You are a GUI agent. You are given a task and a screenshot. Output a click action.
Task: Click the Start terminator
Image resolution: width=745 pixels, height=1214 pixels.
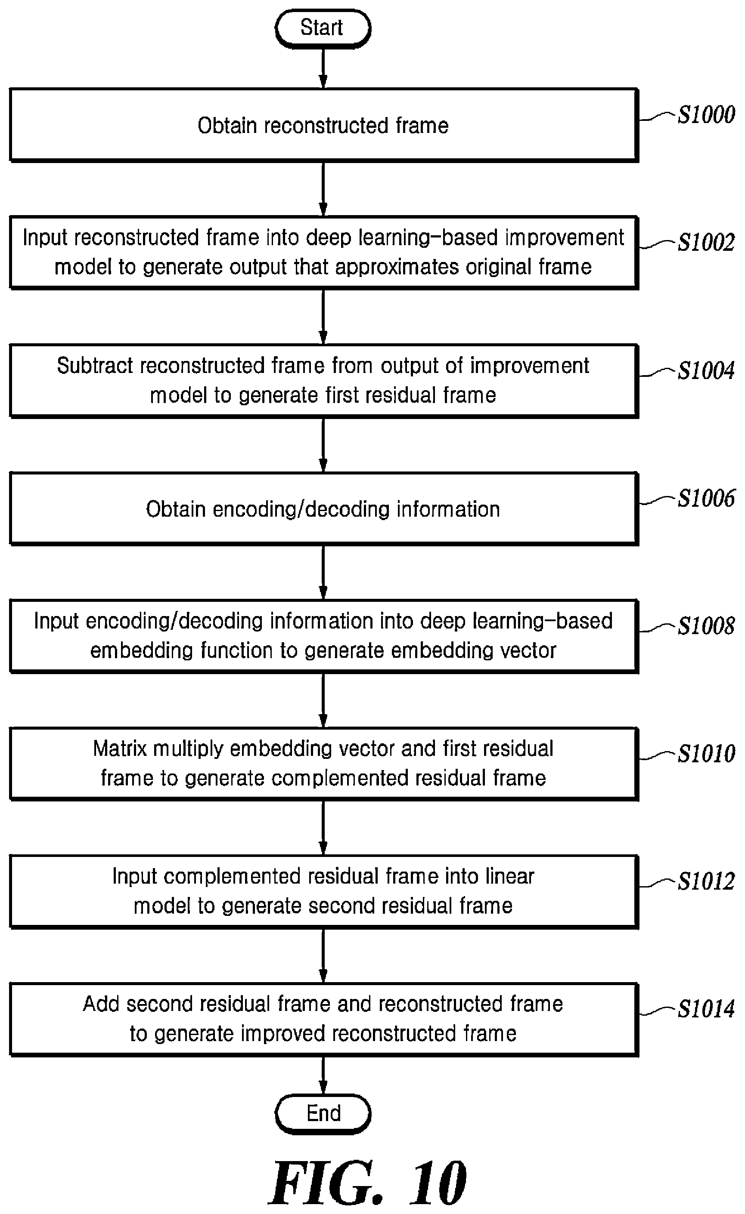(323, 28)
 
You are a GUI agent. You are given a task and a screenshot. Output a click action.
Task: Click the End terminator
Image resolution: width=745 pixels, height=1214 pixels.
(323, 1113)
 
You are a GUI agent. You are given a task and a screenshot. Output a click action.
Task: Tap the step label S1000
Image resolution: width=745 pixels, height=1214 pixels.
(706, 115)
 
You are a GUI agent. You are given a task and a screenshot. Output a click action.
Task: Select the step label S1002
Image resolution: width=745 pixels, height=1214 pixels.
(706, 242)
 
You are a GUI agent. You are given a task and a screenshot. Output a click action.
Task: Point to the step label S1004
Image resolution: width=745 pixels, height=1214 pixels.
(706, 370)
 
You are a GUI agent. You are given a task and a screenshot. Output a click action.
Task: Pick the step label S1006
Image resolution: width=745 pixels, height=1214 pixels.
(706, 498)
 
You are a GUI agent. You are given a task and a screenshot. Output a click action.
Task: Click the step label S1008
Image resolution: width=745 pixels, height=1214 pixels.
(706, 626)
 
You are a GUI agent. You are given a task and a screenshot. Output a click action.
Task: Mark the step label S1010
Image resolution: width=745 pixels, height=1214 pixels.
(706, 753)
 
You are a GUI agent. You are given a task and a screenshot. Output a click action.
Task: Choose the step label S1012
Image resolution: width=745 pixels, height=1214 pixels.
(706, 881)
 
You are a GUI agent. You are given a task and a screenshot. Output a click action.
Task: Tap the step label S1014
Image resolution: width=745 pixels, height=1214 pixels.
(706, 1009)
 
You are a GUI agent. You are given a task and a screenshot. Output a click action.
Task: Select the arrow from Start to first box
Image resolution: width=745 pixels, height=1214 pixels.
(323, 68)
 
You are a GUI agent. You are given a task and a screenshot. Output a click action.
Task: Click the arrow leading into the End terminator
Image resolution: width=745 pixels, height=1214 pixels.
(323, 1075)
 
